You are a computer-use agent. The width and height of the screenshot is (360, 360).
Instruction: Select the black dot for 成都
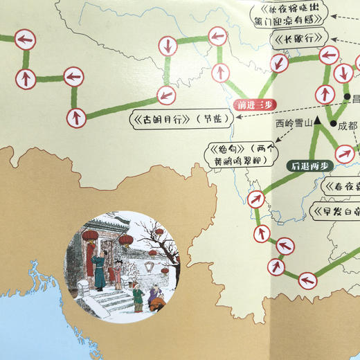[332, 124]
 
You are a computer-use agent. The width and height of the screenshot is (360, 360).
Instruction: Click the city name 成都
[348, 127]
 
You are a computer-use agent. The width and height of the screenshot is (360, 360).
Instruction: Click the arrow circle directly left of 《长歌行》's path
[279, 63]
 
